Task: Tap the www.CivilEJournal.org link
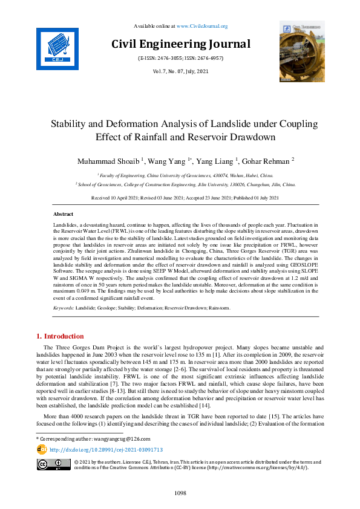[201, 26]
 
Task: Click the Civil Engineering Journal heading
[180, 44]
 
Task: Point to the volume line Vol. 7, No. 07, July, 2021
[180, 72]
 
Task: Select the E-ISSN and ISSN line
[180, 59]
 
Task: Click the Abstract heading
[64, 215]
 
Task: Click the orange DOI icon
[42, 449]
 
